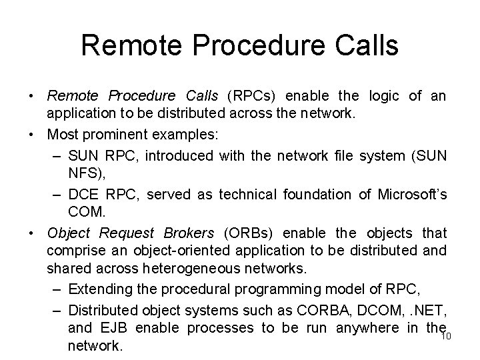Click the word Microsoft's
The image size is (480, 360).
(412, 194)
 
